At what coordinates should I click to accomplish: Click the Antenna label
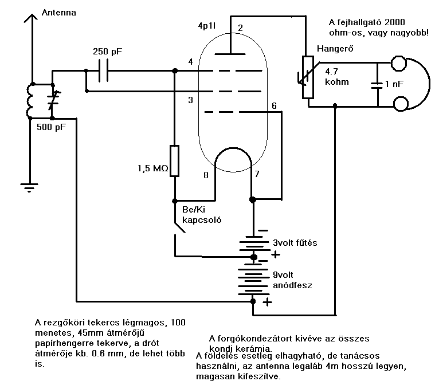[x=59, y=13]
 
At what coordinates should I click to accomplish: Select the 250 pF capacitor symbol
[x=104, y=71]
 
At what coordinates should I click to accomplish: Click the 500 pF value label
[x=52, y=127]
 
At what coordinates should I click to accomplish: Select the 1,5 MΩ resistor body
[x=174, y=161]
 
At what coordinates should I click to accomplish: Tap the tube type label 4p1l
[x=207, y=26]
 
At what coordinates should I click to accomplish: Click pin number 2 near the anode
[x=240, y=27]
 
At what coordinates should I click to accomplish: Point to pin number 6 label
[x=274, y=105]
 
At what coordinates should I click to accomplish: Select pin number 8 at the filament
[x=206, y=175]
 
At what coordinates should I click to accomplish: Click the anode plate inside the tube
[x=230, y=54]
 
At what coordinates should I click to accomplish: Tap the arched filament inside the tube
[x=233, y=148]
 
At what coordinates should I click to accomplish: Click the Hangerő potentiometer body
[x=308, y=77]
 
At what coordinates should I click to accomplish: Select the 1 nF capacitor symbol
[x=377, y=85]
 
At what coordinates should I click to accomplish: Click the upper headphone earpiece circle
[x=399, y=64]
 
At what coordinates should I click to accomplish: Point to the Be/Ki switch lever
[x=180, y=227]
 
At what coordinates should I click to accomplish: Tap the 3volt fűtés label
[x=295, y=243]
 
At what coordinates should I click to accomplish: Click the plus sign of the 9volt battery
[x=267, y=302]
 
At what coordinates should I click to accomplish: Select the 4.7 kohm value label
[x=337, y=77]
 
